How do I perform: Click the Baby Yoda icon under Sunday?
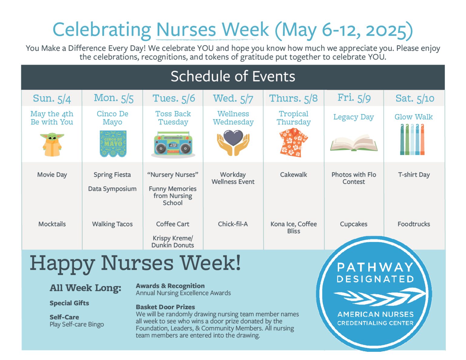[52, 144]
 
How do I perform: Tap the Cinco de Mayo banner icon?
[113, 143]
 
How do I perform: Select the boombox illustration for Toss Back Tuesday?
[173, 144]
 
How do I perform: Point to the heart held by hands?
[233, 137]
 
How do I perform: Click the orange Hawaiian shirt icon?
[293, 142]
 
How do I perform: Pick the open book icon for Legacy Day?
[354, 143]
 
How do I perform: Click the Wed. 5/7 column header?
[233, 99]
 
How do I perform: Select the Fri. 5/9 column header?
[354, 98]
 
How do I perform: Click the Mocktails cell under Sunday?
[52, 224]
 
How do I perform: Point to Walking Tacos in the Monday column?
[113, 224]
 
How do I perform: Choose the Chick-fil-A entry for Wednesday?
[233, 224]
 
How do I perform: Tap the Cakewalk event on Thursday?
[293, 175]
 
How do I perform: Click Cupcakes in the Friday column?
[353, 224]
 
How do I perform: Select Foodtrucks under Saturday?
[414, 224]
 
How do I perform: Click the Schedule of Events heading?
[233, 76]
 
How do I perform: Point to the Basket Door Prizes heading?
[165, 307]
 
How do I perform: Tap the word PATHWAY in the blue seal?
[375, 267]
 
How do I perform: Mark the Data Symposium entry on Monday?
[112, 189]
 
